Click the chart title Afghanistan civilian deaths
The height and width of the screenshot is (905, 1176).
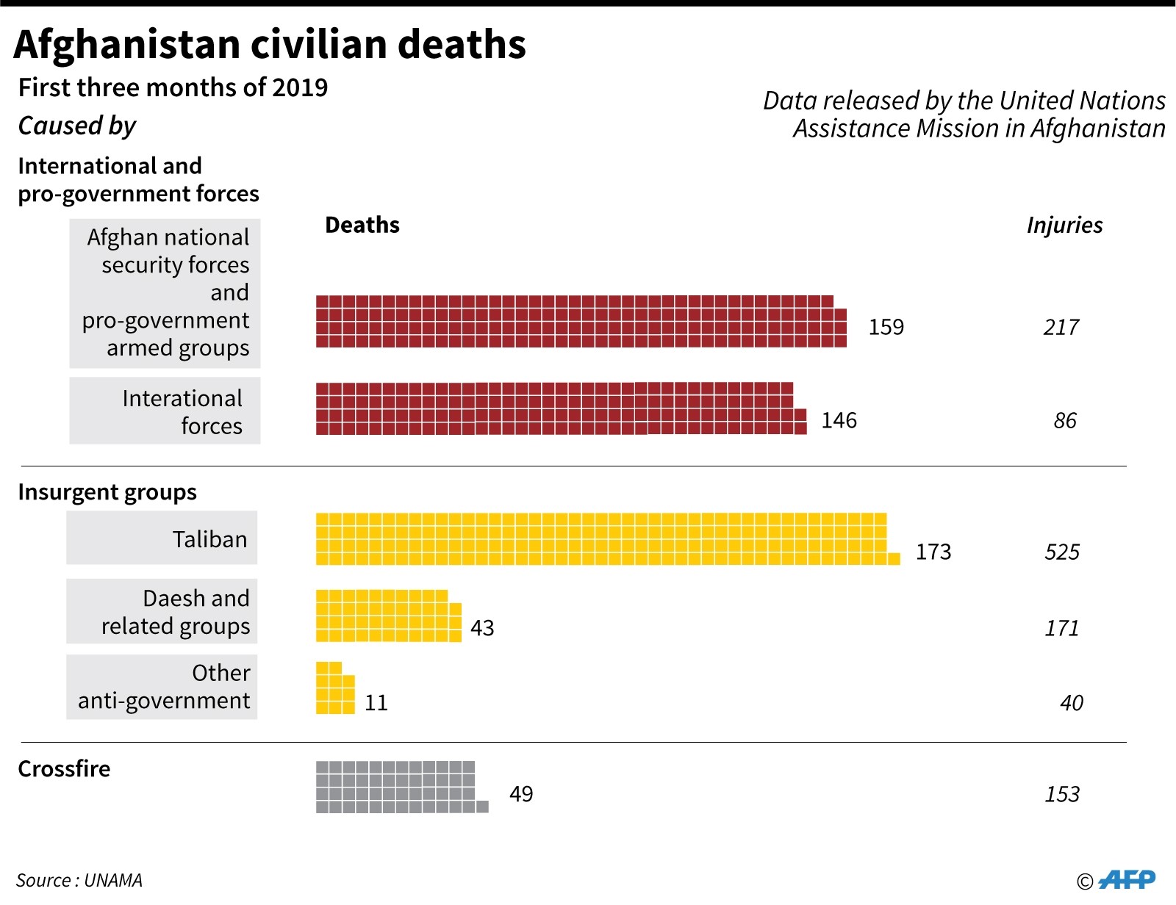[x=270, y=44]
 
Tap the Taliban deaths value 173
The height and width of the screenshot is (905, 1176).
[x=933, y=552]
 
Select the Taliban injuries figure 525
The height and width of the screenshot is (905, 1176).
[x=1062, y=552]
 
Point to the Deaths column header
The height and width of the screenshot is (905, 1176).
[x=362, y=225]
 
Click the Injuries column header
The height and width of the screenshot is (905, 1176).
[x=1064, y=225]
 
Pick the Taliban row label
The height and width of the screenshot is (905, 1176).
[x=209, y=539]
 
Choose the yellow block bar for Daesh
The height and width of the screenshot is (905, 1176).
[x=387, y=616]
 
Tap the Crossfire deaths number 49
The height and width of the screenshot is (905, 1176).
[x=521, y=794]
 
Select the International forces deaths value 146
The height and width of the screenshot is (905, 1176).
[x=839, y=420]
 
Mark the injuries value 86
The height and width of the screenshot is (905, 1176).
[x=1064, y=421]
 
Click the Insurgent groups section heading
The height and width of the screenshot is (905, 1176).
[x=107, y=491]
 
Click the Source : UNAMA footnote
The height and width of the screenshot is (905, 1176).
[x=79, y=880]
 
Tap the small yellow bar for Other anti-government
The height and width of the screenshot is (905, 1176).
[x=334, y=688]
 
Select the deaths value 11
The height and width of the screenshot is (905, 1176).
[x=376, y=703]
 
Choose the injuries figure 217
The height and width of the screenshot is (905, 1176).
[x=1061, y=327]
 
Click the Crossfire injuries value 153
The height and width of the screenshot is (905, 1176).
[x=1062, y=794]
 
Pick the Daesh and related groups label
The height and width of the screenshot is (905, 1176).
[x=176, y=612]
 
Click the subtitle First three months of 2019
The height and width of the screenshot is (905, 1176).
[x=173, y=87]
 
